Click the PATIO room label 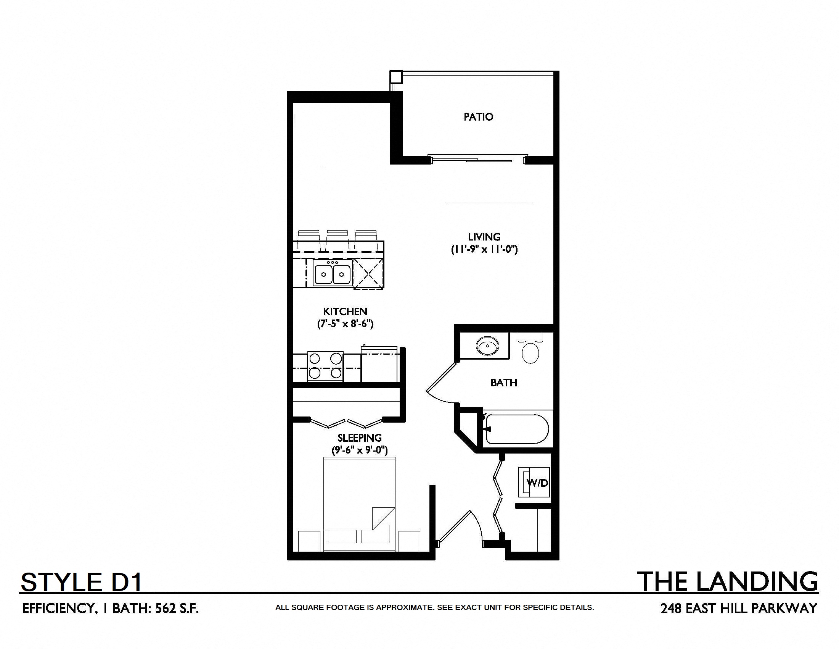point(478,117)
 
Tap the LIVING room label point(484,237)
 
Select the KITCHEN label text point(345,312)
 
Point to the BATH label point(504,383)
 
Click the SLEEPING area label point(360,438)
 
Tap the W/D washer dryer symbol point(534,483)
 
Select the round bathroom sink point(487,345)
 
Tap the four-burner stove point(325,366)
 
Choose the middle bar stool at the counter point(337,241)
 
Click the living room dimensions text point(484,250)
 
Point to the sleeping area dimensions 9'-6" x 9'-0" point(360,450)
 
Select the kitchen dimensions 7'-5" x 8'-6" point(345,324)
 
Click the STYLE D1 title point(82,582)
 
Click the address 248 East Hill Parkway point(739,609)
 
